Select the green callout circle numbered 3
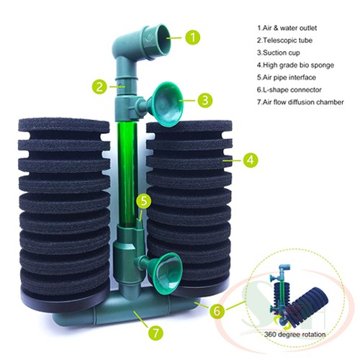pos(205,99)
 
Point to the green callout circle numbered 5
pos(145,202)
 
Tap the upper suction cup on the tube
pos(166,97)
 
